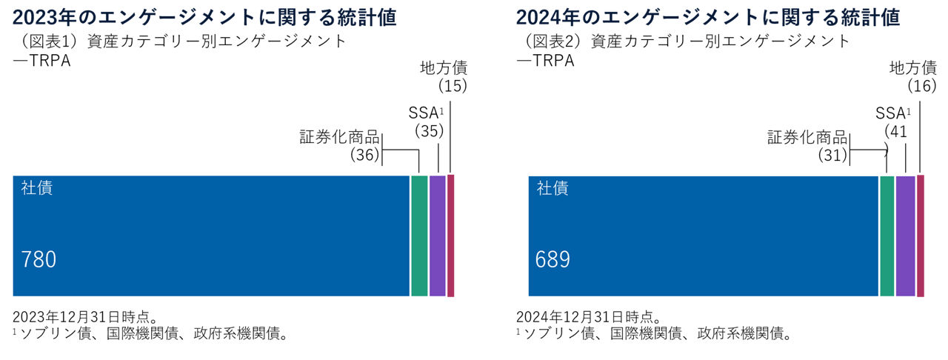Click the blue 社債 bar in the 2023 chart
[211, 236]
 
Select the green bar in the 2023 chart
[419, 236]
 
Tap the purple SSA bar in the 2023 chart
[437, 236]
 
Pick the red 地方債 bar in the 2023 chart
[450, 236]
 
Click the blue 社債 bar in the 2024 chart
[703, 236]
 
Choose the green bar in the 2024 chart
[887, 236]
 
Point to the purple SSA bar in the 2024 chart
[905, 236]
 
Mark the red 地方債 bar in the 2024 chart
[921, 236]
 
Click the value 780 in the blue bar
[39, 259]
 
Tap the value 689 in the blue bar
[553, 259]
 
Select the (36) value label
[364, 155]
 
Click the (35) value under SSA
[429, 131]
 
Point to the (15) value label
[452, 86]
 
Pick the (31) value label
[832, 155]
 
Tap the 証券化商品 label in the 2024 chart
[807, 137]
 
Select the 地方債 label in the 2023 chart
[444, 68]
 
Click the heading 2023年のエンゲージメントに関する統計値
[204, 16]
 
